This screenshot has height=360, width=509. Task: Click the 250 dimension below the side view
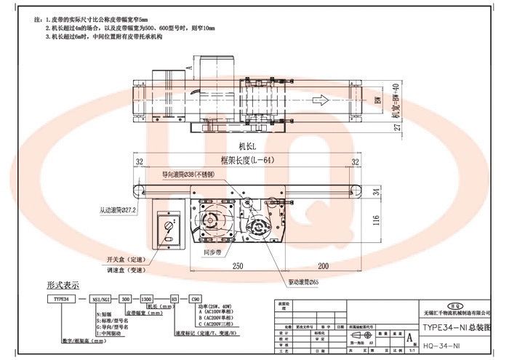[237, 266]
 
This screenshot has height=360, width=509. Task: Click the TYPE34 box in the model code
[57, 299]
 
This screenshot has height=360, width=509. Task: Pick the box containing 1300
[146, 299]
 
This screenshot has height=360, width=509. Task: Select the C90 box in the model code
[195, 299]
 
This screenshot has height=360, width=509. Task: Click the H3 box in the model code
[174, 299]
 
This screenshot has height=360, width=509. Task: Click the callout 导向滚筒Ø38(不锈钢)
[188, 175]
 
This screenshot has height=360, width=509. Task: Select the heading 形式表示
[63, 285]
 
